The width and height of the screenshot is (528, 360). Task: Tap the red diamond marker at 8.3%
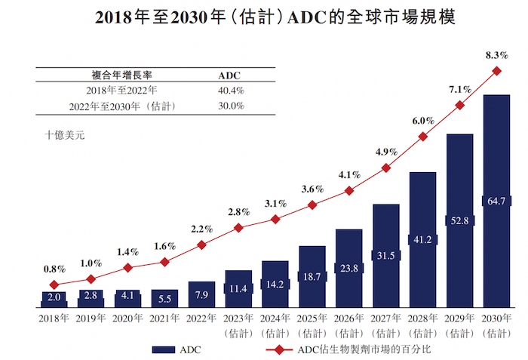pyautogui.click(x=496, y=71)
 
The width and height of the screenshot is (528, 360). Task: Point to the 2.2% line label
pyautogui.click(x=201, y=229)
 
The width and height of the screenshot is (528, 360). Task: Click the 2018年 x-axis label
pyautogui.click(x=54, y=318)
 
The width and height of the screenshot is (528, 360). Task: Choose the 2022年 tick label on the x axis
pyautogui.click(x=201, y=318)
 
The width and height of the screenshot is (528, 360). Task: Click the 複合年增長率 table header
pyautogui.click(x=122, y=75)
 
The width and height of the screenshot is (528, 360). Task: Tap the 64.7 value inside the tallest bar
pyautogui.click(x=496, y=202)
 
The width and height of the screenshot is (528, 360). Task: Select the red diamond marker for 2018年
pyautogui.click(x=54, y=285)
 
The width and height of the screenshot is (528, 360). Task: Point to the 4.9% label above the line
pyautogui.click(x=385, y=152)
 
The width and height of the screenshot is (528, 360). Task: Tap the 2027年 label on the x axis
pyautogui.click(x=385, y=318)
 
